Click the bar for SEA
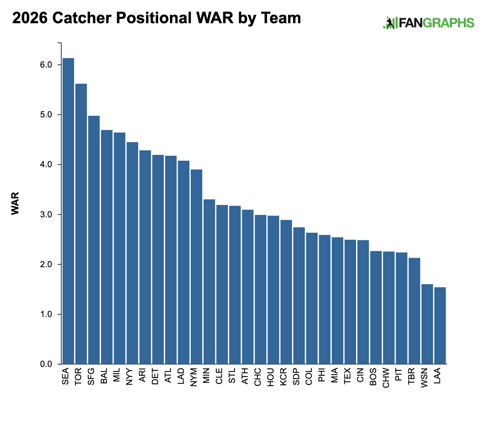click(68, 211)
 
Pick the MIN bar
click(209, 282)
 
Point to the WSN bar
click(427, 324)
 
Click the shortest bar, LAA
click(440, 326)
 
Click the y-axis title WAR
click(15, 203)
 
